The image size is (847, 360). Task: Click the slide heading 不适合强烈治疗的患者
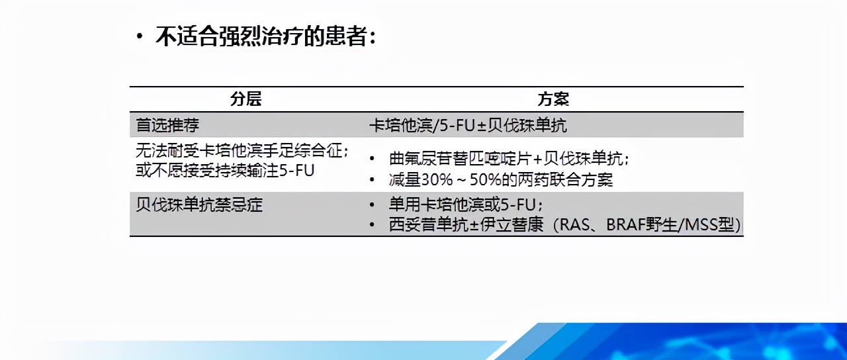[265, 36]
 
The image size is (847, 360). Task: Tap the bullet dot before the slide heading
[139, 36]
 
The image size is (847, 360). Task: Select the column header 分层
[245, 99]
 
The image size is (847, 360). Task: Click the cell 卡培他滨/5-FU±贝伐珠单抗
[468, 125]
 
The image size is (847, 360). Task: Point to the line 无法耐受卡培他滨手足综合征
[242, 152]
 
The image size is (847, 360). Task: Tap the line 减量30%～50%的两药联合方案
[501, 179]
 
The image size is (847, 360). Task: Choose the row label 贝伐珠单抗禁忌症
[199, 204]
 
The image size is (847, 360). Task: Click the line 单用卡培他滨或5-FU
[467, 204]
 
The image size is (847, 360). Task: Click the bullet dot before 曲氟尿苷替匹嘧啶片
[374, 159]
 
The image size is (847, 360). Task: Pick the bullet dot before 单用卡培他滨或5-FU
[374, 204]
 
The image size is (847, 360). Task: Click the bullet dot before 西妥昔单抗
[374, 224]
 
